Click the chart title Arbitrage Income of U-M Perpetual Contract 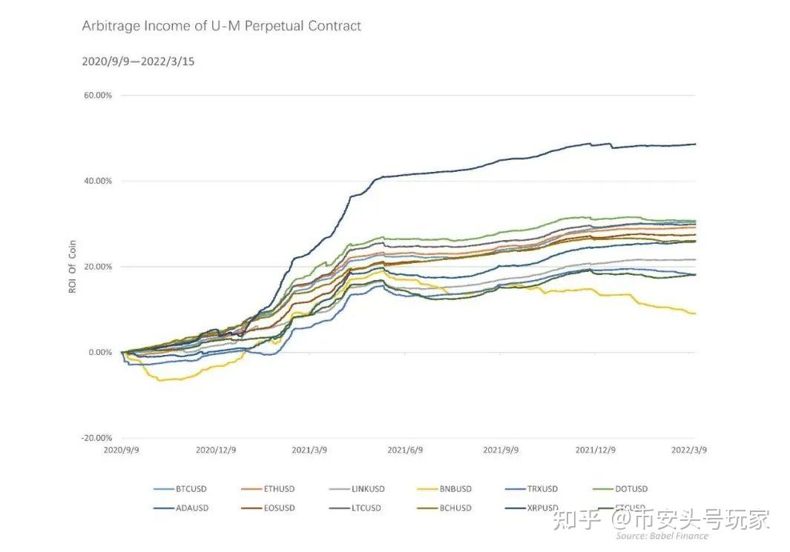(x=221, y=26)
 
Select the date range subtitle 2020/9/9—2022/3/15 (x=138, y=61)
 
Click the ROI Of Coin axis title (x=73, y=267)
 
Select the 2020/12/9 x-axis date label (x=216, y=450)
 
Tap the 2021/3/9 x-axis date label (x=310, y=450)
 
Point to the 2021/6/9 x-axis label (x=404, y=450)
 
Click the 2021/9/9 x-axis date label (x=501, y=450)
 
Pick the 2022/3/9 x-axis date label (x=689, y=450)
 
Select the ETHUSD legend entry (x=279, y=489)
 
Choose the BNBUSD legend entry (x=455, y=489)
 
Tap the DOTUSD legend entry (x=631, y=489)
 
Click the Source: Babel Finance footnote (x=661, y=536)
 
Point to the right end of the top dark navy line (x=695, y=144)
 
